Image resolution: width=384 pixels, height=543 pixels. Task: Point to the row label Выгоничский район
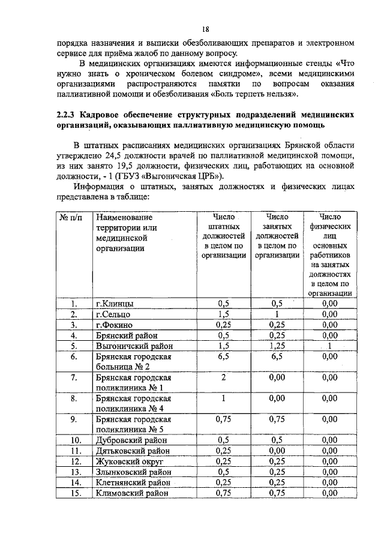pos(134,346)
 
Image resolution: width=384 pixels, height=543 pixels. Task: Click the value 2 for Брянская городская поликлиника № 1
pos(224,377)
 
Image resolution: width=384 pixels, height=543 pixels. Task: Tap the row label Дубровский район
pos(132,440)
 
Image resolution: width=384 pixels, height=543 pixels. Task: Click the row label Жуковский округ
pos(130,461)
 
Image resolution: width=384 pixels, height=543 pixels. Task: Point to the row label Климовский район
pos(133,493)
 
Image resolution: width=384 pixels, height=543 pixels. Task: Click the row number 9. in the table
pos(74,419)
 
